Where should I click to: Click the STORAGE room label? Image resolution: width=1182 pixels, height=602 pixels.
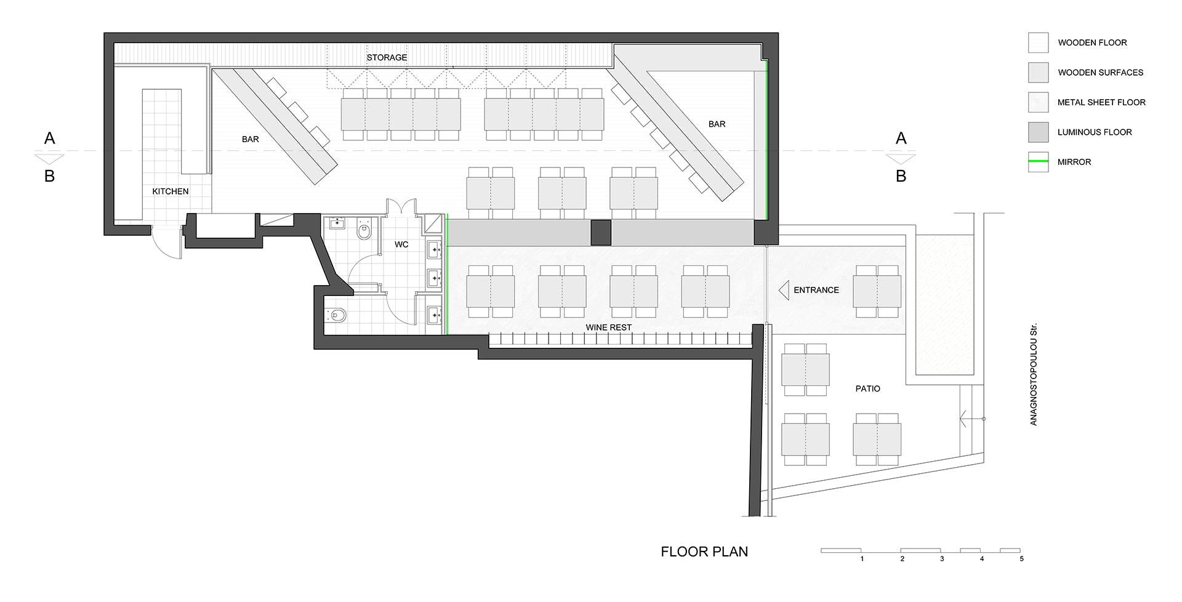[x=387, y=57]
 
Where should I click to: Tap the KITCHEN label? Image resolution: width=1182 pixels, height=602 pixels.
[x=171, y=191]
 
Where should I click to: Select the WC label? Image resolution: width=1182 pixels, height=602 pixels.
[x=401, y=244]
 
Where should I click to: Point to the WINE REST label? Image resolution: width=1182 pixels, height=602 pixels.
[x=608, y=327]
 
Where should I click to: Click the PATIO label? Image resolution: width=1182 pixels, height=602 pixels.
[x=867, y=388]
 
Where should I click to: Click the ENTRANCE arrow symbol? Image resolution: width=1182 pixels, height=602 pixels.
[x=784, y=290]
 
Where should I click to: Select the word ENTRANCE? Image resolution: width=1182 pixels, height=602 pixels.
[x=816, y=290]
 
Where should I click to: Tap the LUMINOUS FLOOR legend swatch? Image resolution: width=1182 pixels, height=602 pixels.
[x=1038, y=132]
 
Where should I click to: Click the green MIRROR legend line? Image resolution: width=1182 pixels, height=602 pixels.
[x=1038, y=162]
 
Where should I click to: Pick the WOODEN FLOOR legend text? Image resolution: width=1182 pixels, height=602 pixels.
[x=1092, y=42]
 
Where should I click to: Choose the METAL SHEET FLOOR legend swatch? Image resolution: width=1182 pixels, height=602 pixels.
[x=1038, y=102]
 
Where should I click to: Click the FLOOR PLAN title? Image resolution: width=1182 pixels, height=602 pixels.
[x=704, y=552]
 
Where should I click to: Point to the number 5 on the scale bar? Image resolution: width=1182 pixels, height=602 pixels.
[x=1021, y=559]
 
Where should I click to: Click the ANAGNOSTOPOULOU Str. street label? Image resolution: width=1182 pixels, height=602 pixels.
[x=1034, y=374]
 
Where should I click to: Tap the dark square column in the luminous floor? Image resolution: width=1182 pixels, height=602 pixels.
[x=601, y=233]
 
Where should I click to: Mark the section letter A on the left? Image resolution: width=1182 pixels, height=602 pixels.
[x=50, y=138]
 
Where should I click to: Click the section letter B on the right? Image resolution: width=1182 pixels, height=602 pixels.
[x=901, y=176]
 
